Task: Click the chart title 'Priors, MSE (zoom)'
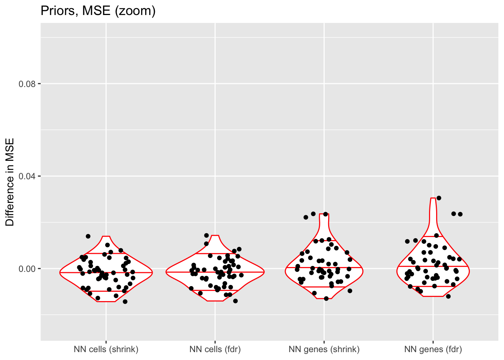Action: pos(98,11)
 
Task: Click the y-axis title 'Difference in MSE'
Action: pos(10,182)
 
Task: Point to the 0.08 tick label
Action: pos(27,84)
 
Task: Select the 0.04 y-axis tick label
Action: pos(27,176)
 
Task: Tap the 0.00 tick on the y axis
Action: pos(27,268)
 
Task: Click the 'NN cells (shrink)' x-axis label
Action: pos(106,349)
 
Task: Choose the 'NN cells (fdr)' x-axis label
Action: pos(215,349)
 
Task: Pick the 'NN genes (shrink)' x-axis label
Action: pos(324,349)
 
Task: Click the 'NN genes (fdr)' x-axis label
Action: pos(433,349)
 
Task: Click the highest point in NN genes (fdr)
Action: pos(439,198)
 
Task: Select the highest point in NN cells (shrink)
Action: pos(88,236)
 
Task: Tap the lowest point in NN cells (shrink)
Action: pos(125,301)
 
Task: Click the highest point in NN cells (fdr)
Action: pos(206,235)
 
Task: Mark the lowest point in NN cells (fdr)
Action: pos(235,301)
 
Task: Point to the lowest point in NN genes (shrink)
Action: pos(326,298)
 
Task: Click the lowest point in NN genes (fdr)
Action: pos(448,296)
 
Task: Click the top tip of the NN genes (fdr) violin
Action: pos(433,198)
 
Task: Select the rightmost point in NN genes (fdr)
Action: pos(460,214)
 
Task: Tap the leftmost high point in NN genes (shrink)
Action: pos(306,217)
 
